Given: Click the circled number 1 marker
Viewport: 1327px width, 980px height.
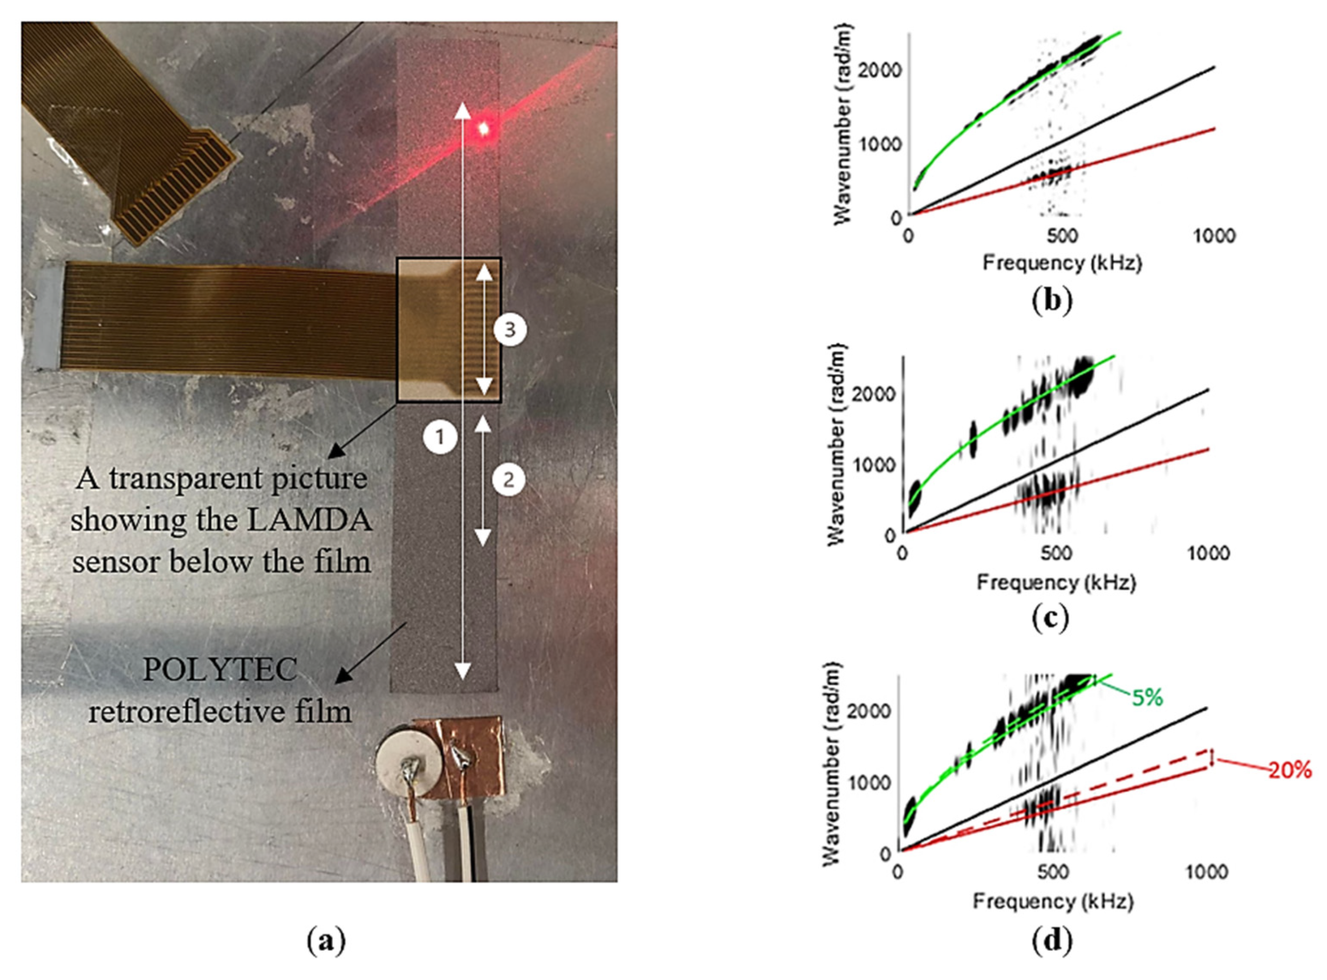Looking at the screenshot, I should [x=439, y=437].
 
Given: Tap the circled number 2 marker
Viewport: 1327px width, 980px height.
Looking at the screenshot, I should [x=509, y=480].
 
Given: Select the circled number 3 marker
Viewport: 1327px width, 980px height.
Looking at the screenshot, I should [x=509, y=330].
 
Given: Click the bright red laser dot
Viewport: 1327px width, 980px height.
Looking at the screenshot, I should [x=483, y=128].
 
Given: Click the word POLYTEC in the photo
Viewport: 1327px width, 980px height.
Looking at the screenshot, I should [x=220, y=670].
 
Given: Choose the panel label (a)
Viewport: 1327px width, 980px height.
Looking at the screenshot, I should [x=326, y=941].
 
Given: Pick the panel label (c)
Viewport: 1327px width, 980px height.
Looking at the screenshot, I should [x=1050, y=618].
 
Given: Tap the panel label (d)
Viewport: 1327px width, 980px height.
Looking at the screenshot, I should [x=1052, y=941].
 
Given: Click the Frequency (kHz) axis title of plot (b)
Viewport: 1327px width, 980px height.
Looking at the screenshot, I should [x=1062, y=263].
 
